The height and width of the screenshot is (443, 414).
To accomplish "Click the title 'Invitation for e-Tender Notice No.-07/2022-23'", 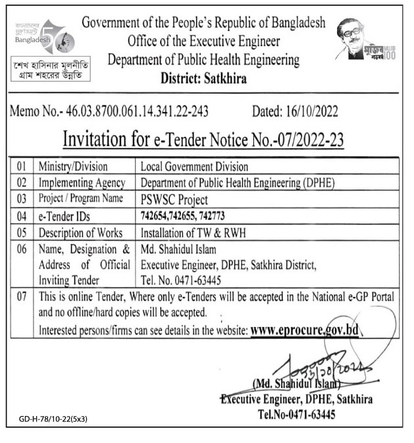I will pos(203,139).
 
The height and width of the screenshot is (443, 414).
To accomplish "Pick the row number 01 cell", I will pos(24,167).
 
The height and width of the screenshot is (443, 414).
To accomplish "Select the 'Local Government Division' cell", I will pos(194,167).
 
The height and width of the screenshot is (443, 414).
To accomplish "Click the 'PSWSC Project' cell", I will pos(174,200).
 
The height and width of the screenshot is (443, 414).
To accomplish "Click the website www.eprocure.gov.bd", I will pos(304,329).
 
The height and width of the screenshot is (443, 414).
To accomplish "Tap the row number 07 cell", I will pos(24,298).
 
